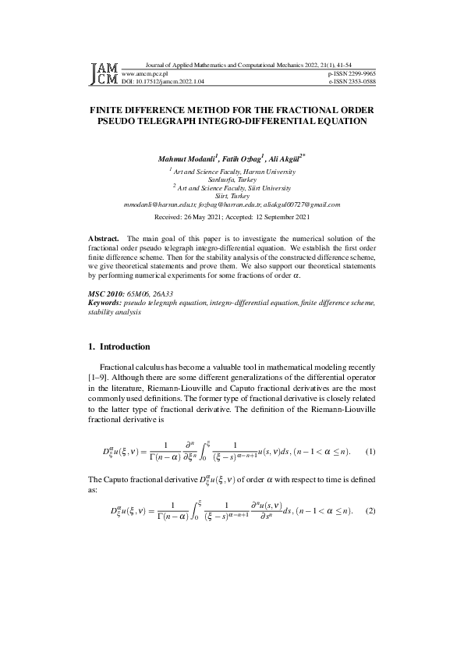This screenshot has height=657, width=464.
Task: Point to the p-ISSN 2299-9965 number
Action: coord(352,73)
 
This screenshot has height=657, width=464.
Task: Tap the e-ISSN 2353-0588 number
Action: coord(352,80)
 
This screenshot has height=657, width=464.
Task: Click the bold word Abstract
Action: coord(103,238)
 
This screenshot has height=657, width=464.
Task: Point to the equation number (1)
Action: coord(370,452)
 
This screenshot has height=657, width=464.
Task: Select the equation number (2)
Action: coord(370,512)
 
